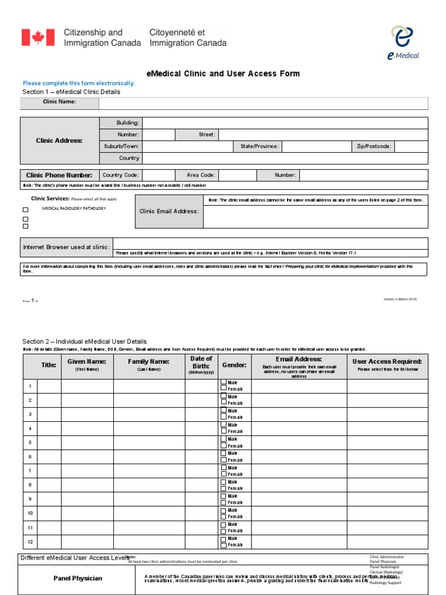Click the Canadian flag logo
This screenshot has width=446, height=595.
click(38, 38)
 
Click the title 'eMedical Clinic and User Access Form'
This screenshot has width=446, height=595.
click(223, 74)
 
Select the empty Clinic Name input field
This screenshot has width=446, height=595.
click(263, 103)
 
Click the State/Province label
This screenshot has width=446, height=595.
click(259, 146)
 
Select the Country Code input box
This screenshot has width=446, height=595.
click(159, 175)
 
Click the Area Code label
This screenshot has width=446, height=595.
click(200, 175)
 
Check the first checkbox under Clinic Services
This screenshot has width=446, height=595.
click(26, 210)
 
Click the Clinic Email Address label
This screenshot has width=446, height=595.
click(169, 211)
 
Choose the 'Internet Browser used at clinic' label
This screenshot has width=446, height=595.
click(66, 247)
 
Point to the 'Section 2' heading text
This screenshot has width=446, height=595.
click(84, 342)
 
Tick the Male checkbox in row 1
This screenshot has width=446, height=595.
click(224, 383)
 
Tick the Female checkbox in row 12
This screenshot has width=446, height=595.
click(224, 545)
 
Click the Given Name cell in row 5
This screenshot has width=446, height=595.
click(87, 443)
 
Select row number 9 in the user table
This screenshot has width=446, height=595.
click(30, 499)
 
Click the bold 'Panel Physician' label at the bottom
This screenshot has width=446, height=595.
click(77, 578)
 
